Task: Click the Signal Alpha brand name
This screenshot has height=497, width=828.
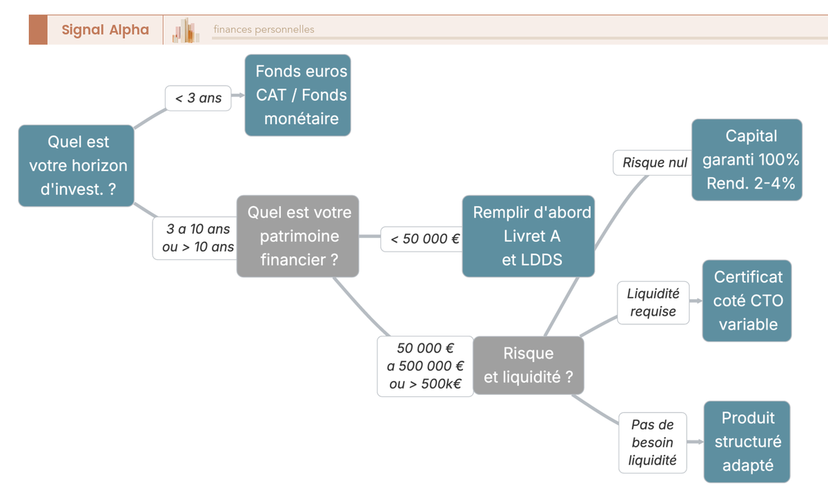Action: click(105, 30)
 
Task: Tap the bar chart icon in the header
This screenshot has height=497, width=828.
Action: click(186, 30)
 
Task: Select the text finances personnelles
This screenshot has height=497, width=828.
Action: click(264, 30)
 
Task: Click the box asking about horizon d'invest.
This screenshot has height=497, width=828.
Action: click(76, 165)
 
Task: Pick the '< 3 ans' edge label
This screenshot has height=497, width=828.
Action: click(198, 98)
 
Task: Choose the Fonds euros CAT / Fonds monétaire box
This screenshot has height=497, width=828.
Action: click(298, 95)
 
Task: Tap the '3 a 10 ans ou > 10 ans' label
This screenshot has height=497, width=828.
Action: click(195, 238)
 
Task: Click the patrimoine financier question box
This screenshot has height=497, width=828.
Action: click(298, 236)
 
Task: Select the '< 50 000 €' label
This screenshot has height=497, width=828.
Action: click(422, 239)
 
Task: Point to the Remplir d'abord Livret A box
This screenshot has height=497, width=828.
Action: click(529, 236)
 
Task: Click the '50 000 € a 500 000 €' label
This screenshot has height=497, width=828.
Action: click(425, 366)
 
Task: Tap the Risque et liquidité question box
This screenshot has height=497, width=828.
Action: click(529, 365)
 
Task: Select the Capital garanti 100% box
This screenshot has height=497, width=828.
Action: click(747, 160)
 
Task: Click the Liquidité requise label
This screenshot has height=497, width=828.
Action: click(653, 302)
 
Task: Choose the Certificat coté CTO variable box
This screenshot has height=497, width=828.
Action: click(747, 301)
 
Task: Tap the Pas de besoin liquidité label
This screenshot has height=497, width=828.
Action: click(653, 443)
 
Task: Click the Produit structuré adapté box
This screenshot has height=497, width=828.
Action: click(747, 442)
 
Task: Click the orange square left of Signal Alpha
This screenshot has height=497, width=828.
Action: click(38, 30)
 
